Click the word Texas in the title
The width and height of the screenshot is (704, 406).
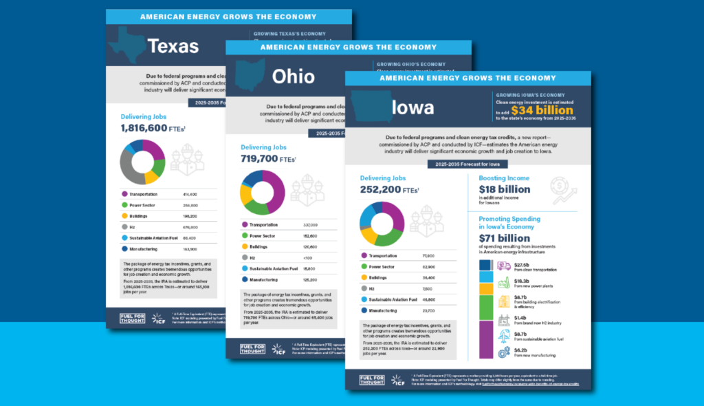click(x=173, y=47)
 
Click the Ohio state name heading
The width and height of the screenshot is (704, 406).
click(x=293, y=76)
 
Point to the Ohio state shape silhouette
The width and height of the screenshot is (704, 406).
click(x=250, y=74)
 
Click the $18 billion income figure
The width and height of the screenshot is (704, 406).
click(x=505, y=189)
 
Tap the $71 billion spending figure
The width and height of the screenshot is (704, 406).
click(x=505, y=238)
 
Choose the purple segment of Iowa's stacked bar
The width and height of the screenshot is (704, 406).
click(x=486, y=339)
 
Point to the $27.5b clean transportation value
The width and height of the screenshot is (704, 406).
click(x=524, y=264)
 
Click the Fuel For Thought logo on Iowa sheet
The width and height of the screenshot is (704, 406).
click(x=372, y=379)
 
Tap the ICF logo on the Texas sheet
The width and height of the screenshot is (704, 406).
click(x=159, y=319)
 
